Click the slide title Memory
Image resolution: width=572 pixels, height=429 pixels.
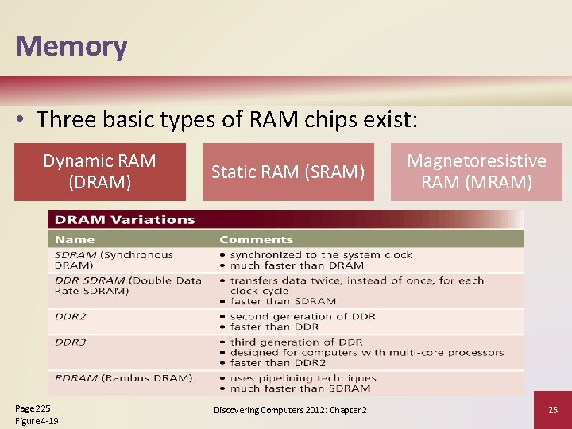tap(71, 46)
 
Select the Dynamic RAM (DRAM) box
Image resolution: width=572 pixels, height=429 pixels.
tap(100, 172)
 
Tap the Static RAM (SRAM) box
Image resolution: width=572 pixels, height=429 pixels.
tap(288, 172)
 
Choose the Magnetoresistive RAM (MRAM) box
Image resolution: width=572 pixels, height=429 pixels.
tap(477, 172)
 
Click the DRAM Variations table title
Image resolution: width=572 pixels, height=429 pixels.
tap(125, 220)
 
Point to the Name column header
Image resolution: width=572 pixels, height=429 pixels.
tap(75, 239)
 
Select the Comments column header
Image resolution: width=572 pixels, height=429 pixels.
tap(256, 239)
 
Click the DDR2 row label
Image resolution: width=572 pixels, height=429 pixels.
tap(71, 316)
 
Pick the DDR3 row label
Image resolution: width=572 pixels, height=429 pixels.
tap(71, 342)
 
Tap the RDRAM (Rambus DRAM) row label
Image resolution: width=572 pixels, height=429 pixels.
tap(123, 378)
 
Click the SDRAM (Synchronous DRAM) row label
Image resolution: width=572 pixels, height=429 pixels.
tap(114, 260)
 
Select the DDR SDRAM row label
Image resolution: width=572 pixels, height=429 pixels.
tap(128, 285)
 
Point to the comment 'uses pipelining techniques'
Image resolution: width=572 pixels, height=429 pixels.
tap(303, 378)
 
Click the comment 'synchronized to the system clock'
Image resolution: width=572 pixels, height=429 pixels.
tap(321, 255)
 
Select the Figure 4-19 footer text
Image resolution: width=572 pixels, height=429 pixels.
tap(37, 420)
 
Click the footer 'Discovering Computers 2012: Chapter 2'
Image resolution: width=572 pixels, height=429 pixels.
tap(290, 410)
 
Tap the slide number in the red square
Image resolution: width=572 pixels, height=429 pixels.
tap(553, 410)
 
